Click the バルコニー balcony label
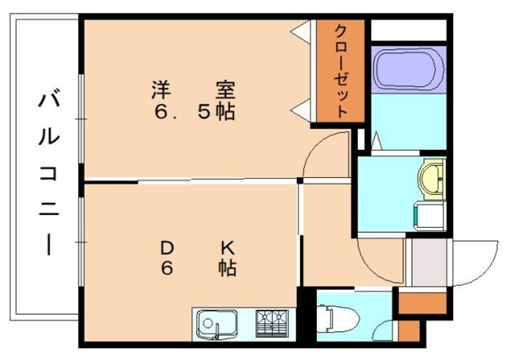(48, 171)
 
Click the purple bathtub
(408, 69)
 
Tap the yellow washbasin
(432, 179)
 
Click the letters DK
(197, 249)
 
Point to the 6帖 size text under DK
(197, 269)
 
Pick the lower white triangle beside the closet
(302, 109)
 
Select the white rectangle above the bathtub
(408, 31)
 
